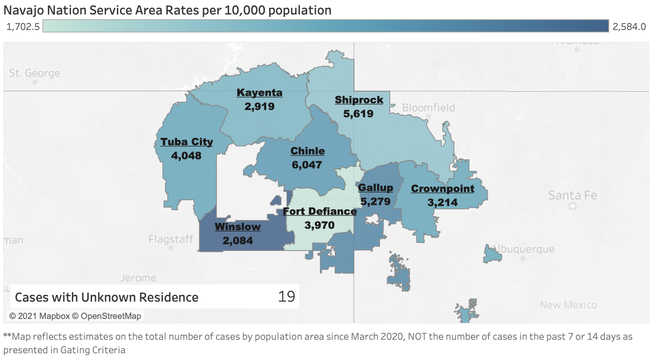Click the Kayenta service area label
pos(259,93)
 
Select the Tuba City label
pos(187,142)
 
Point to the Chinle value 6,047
pos(307,165)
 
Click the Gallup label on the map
pos(375,188)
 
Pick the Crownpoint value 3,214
pos(442,202)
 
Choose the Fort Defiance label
pos(320,211)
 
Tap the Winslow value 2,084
pos(238,240)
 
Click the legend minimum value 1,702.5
pos(23,27)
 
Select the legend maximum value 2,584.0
pos(629,27)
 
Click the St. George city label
pos(35,73)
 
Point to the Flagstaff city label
pos(171,239)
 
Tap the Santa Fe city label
pos(573,195)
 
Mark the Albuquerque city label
pos(530,249)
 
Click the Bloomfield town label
pos(428,107)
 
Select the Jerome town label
pos(138,278)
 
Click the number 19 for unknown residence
pos(287,296)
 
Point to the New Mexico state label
pos(568,305)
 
